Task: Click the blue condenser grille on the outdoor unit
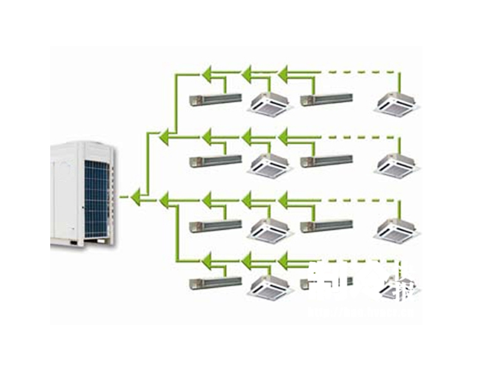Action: (x=96, y=198)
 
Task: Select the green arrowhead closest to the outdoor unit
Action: (x=136, y=196)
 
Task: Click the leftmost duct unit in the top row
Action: (x=215, y=99)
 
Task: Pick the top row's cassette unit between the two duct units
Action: (x=270, y=103)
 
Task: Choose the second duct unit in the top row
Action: (x=326, y=99)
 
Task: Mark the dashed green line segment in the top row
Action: (x=359, y=72)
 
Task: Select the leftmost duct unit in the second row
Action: (x=215, y=161)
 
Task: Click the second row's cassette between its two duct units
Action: (x=270, y=165)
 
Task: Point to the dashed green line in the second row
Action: (x=359, y=137)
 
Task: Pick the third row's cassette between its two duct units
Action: (x=270, y=229)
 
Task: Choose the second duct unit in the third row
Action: (x=326, y=226)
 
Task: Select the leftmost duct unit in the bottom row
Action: (x=215, y=281)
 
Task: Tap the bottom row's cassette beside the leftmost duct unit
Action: (x=270, y=287)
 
